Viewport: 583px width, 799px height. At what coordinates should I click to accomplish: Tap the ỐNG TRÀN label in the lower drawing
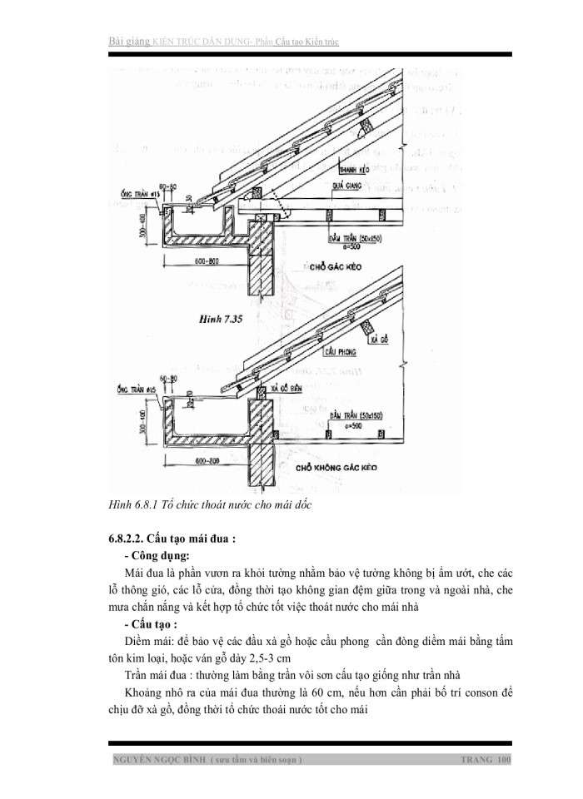[132, 390]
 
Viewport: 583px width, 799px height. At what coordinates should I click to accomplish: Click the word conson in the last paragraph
[477, 692]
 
